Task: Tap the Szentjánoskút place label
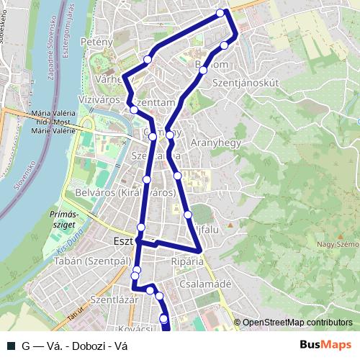tap(246, 84)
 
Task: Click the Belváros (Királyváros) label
tap(125, 193)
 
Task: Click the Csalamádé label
tap(207, 284)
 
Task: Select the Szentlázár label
tap(114, 298)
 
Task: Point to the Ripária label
tap(187, 261)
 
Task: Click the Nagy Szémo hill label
tap(337, 245)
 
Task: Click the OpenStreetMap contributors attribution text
tap(297, 323)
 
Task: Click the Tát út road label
tap(73, 314)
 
